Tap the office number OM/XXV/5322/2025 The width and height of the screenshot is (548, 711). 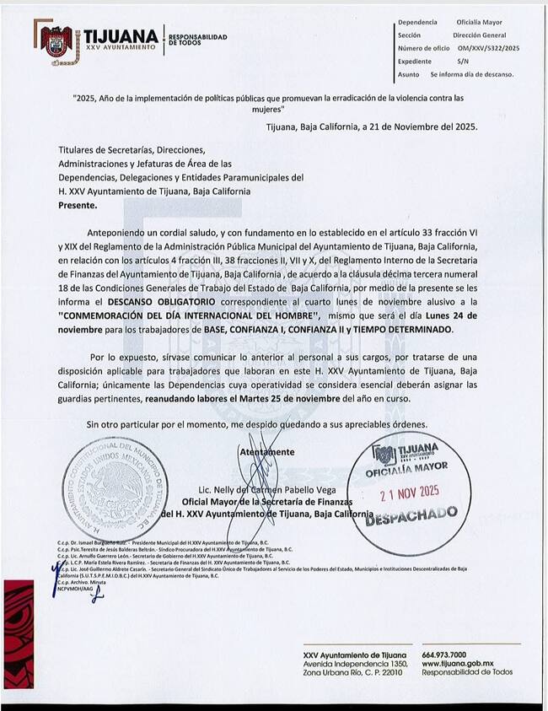tap(489, 49)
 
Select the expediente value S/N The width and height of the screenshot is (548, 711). tap(463, 62)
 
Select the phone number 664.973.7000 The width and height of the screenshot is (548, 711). tap(449, 654)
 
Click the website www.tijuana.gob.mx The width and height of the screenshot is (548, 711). tap(456, 664)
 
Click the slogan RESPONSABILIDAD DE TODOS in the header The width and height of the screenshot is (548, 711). tap(198, 40)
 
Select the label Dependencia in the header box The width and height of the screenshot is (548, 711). tap(417, 24)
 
